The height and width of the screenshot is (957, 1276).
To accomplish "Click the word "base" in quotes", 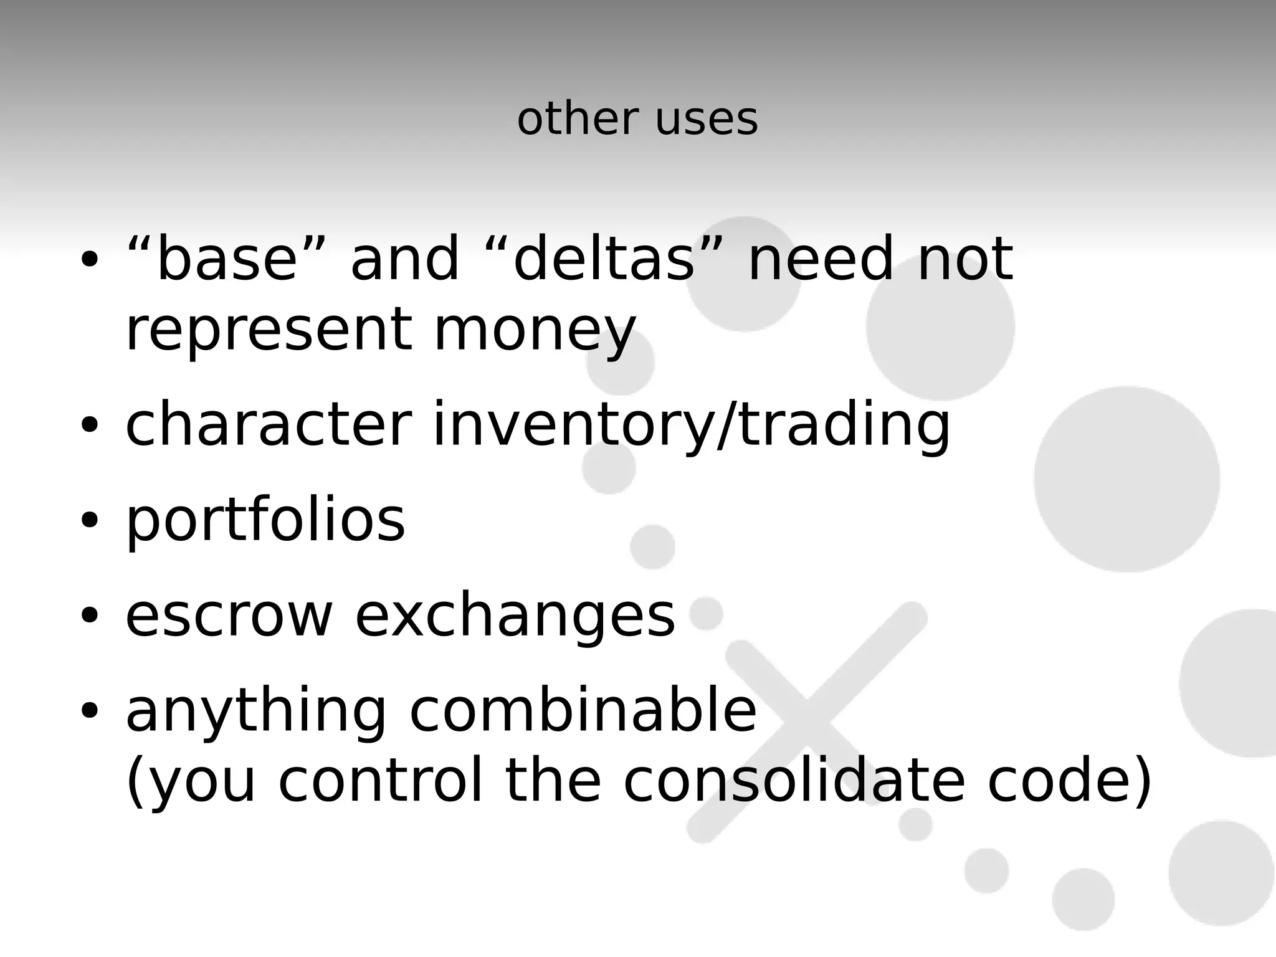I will (x=227, y=259).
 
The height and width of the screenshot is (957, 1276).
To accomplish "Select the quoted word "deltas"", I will (x=604, y=259).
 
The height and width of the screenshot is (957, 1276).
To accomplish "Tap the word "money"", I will (x=535, y=330).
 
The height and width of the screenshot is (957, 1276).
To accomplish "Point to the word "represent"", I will (x=269, y=330).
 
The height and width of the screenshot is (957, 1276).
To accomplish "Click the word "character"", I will (x=269, y=426).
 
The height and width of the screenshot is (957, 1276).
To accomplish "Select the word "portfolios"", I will (x=265, y=521).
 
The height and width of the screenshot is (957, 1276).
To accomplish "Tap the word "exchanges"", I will (x=515, y=617).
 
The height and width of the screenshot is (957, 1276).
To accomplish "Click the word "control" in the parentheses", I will (x=380, y=781).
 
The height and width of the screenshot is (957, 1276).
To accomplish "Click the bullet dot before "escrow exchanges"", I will (x=90, y=615).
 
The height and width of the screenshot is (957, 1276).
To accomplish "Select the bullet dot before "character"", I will (x=90, y=424).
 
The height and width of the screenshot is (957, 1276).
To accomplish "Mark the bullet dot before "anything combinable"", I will (x=90, y=710).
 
